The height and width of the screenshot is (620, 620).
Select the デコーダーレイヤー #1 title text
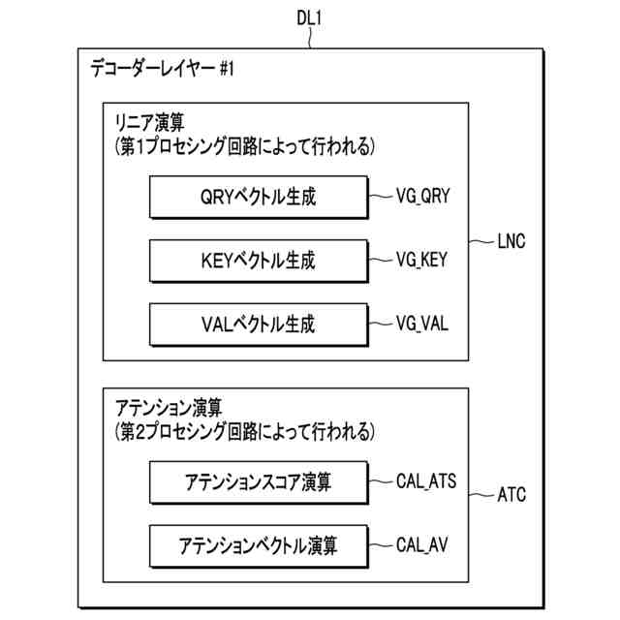(162, 69)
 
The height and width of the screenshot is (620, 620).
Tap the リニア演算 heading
(150, 124)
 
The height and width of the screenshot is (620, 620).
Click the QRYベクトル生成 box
(259, 198)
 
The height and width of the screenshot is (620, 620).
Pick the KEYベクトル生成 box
(259, 261)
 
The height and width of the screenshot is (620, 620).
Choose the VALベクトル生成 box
(259, 324)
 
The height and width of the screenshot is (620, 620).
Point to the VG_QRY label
(423, 198)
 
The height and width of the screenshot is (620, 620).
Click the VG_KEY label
(422, 261)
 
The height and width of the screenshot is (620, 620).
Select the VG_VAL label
(422, 324)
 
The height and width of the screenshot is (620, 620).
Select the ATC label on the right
(511, 495)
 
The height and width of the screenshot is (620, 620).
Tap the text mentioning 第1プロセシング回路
(239, 146)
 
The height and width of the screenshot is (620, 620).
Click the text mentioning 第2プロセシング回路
(239, 428)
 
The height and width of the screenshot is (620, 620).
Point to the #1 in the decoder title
(225, 69)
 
